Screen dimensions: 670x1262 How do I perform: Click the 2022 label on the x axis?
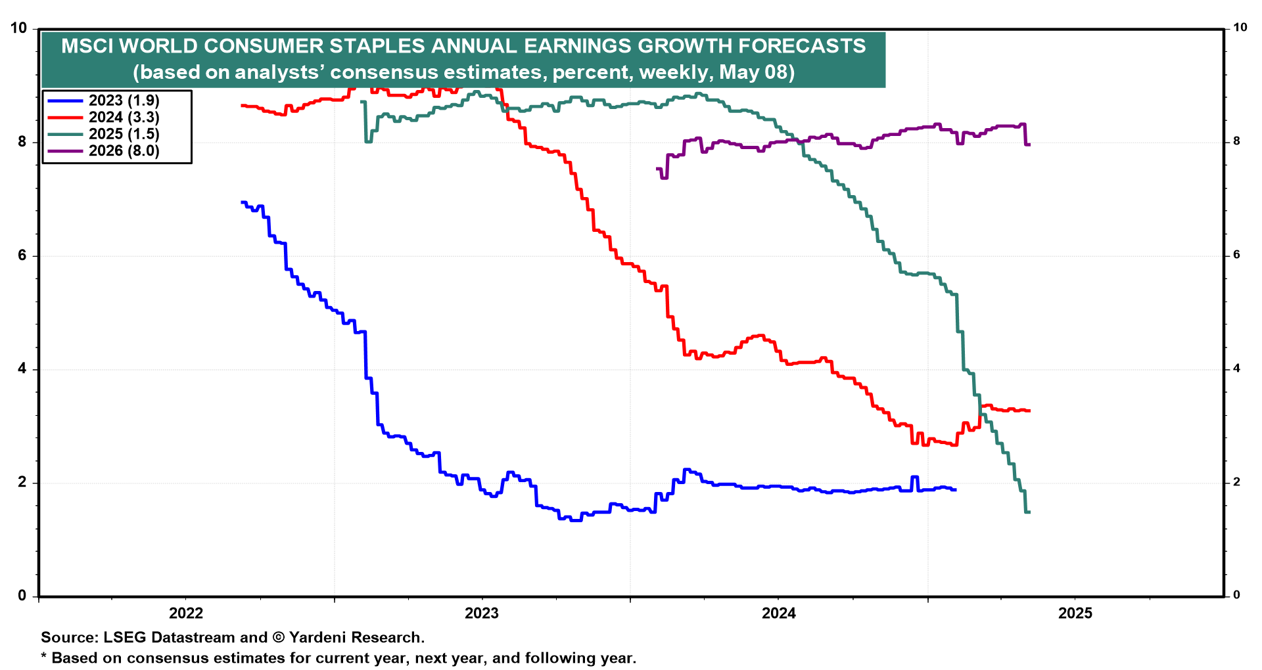[186, 614]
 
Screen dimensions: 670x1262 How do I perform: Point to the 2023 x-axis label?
[482, 614]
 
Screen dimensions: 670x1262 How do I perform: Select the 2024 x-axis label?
[778, 614]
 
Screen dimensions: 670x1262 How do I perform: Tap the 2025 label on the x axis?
[1075, 614]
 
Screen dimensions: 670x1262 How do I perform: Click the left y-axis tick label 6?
[22, 256]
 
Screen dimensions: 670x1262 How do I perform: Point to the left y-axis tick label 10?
[18, 28]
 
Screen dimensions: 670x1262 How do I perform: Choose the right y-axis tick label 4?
[1236, 368]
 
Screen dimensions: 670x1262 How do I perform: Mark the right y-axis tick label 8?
[1236, 141]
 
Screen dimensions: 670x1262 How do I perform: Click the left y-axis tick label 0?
[22, 596]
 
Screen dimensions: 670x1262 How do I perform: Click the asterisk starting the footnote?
[44, 657]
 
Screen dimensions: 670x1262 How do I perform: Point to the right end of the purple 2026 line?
[1029, 144]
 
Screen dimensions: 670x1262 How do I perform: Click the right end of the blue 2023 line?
[955, 490]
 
